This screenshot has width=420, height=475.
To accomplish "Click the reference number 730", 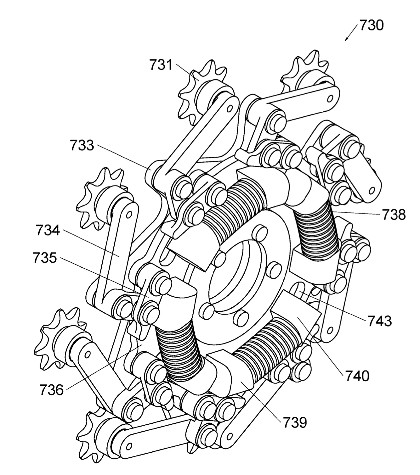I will (x=372, y=25).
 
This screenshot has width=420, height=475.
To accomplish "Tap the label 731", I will (x=161, y=65).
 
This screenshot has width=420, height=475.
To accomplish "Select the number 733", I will (x=82, y=146).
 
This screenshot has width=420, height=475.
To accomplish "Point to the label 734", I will (x=48, y=230).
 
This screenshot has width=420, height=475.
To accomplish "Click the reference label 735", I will (x=45, y=258).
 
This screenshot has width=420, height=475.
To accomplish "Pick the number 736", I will (x=51, y=390).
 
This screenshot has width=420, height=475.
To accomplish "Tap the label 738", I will (x=394, y=215).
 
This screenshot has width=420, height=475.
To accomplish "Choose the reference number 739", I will (x=295, y=422).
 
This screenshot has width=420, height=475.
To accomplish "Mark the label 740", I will (x=357, y=376).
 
